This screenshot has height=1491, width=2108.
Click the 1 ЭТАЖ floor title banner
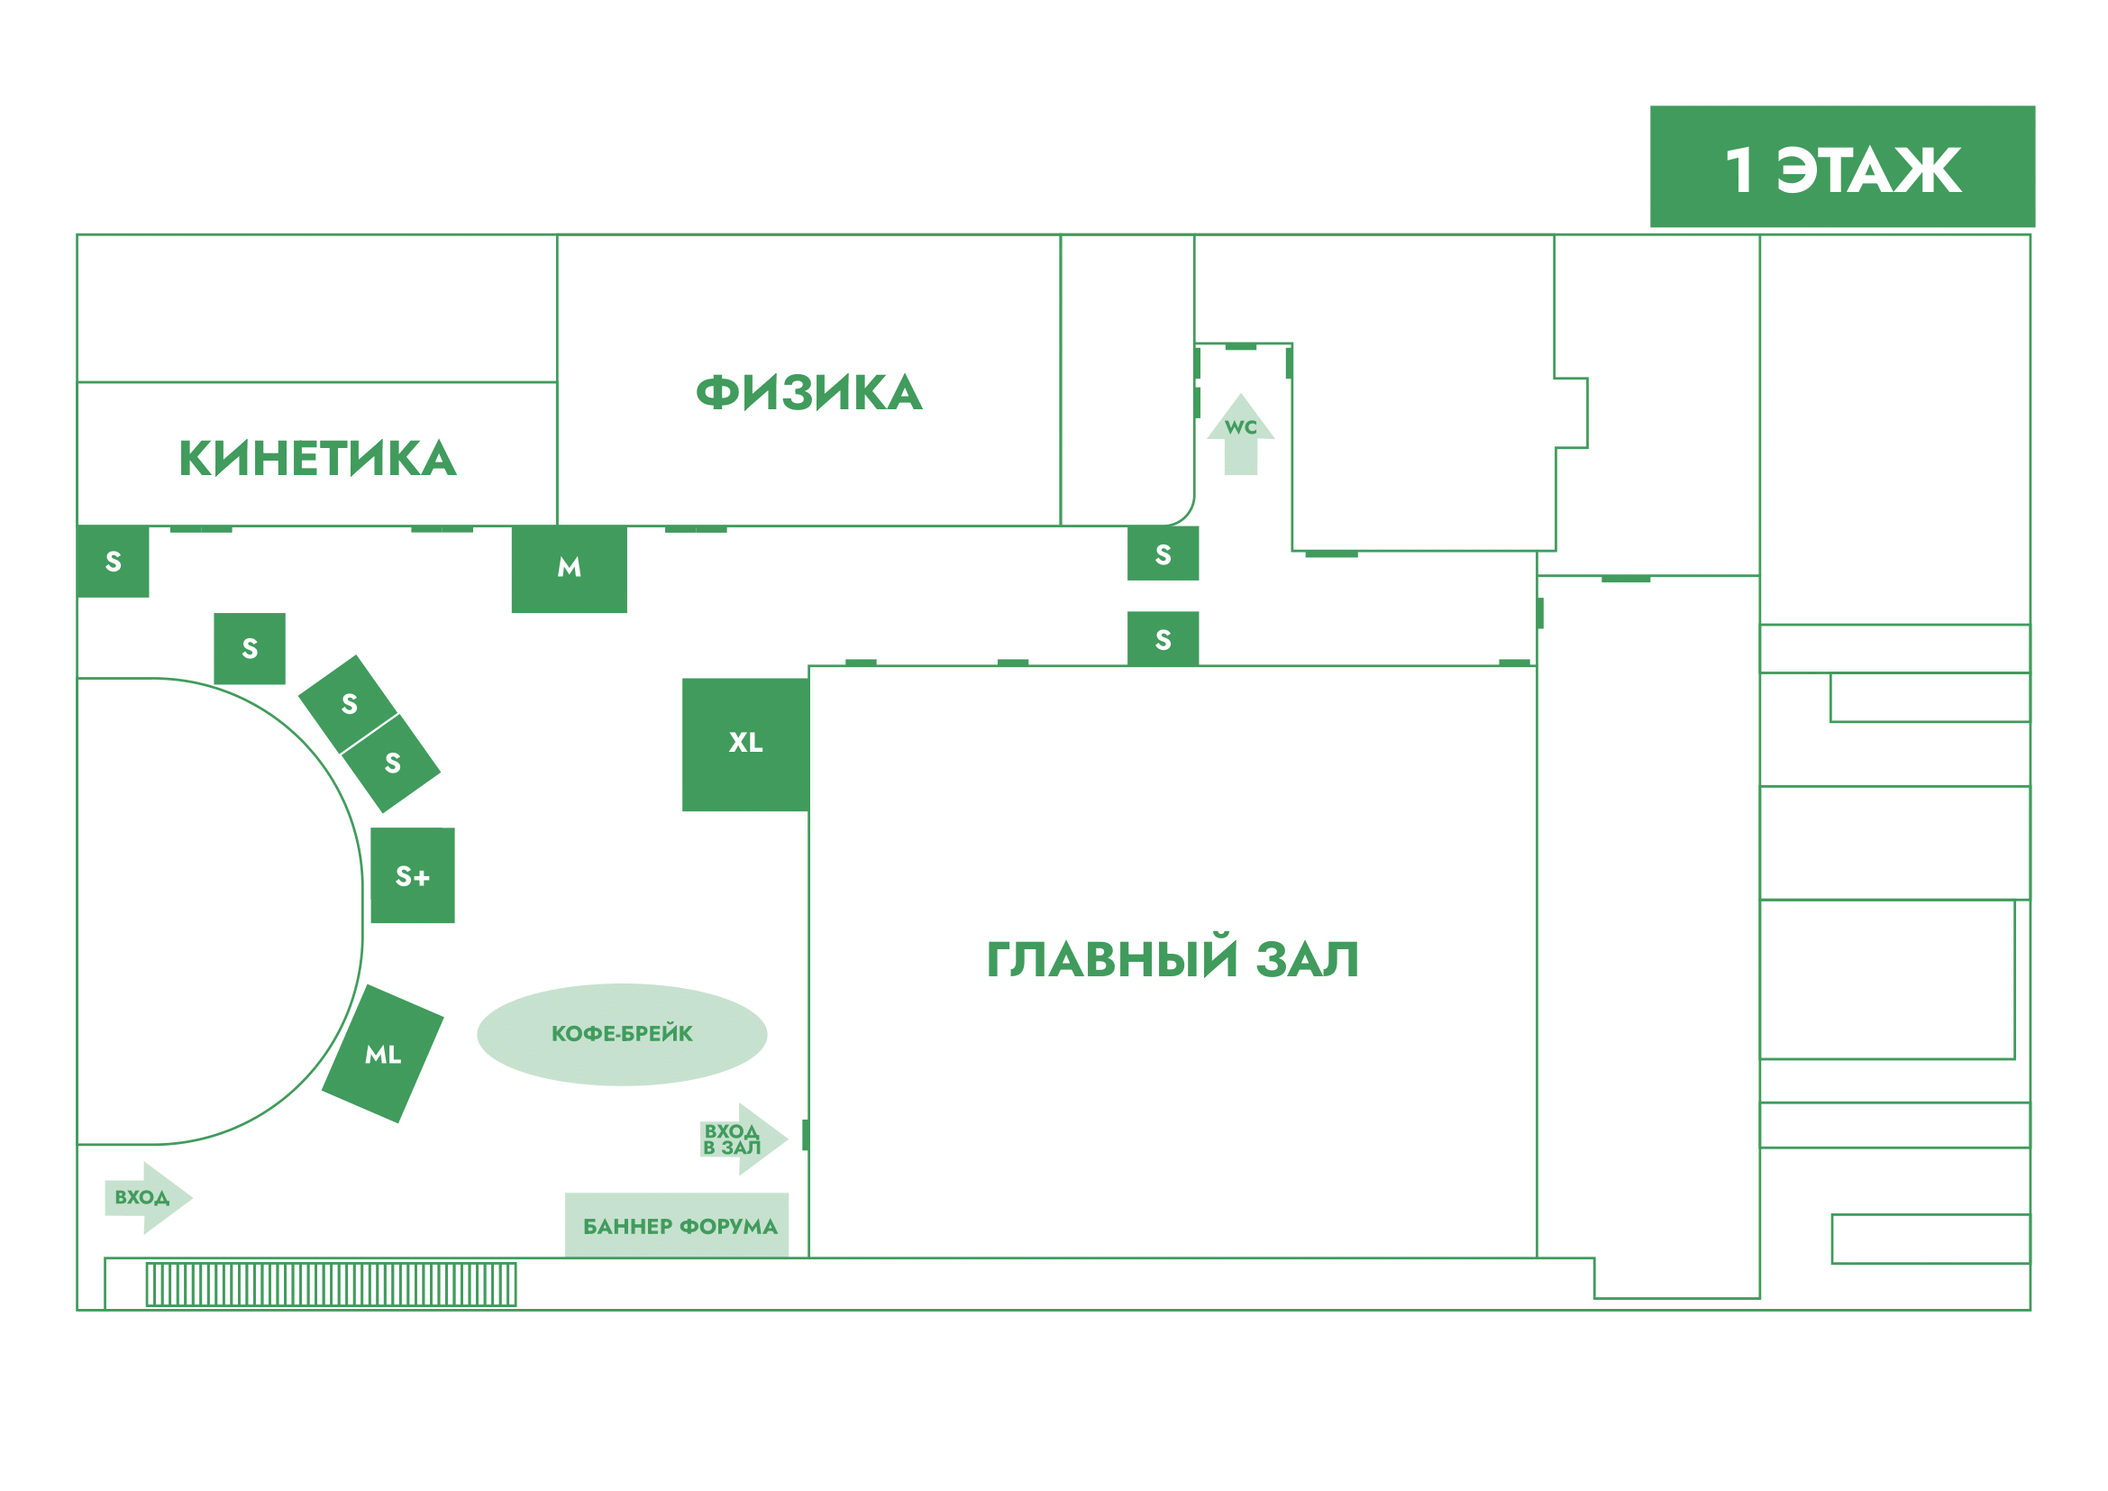coord(1842,167)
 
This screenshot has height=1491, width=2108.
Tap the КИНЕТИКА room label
coord(316,458)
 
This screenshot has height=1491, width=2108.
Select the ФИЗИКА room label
coord(808,393)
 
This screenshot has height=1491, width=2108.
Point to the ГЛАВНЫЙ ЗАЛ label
coord(1172,960)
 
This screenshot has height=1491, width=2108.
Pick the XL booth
coord(744,744)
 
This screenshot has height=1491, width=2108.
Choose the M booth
coord(569,568)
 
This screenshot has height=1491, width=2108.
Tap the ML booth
coord(382,1054)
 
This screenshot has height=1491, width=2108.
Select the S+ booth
coord(412,876)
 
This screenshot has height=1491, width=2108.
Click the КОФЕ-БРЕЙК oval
coord(622,1034)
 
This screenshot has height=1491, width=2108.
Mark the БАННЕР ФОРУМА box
coord(677,1226)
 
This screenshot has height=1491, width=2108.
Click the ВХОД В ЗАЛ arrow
coord(742,1139)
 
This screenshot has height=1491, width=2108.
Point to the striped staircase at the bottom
coord(331,1285)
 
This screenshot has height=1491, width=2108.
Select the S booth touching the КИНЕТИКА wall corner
coord(113,561)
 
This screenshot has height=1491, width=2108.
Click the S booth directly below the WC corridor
coord(1163,553)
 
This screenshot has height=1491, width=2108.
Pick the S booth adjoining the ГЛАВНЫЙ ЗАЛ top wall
coord(1163,639)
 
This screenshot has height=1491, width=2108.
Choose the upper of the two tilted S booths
coord(348,704)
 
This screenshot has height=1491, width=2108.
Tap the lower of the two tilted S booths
coord(392,763)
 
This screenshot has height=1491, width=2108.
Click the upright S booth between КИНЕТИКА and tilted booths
coord(249,648)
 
